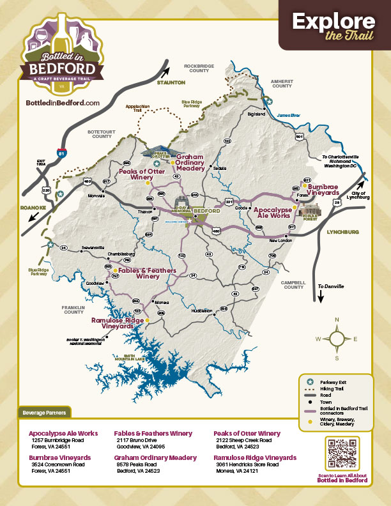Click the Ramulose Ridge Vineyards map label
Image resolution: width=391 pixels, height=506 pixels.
tap(117, 322)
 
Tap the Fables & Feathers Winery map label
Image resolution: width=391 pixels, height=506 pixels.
tap(147, 273)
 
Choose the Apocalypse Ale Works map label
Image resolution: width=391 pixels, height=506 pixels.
tap(273, 212)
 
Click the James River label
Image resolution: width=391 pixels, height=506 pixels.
tap(289, 115)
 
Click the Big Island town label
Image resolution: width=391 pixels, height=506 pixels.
tap(256, 114)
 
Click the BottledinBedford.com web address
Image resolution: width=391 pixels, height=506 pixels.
tap(63, 103)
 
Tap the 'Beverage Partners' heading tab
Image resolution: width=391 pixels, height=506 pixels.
tap(45, 412)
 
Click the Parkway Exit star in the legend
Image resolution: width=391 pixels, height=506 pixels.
tap(309, 380)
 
